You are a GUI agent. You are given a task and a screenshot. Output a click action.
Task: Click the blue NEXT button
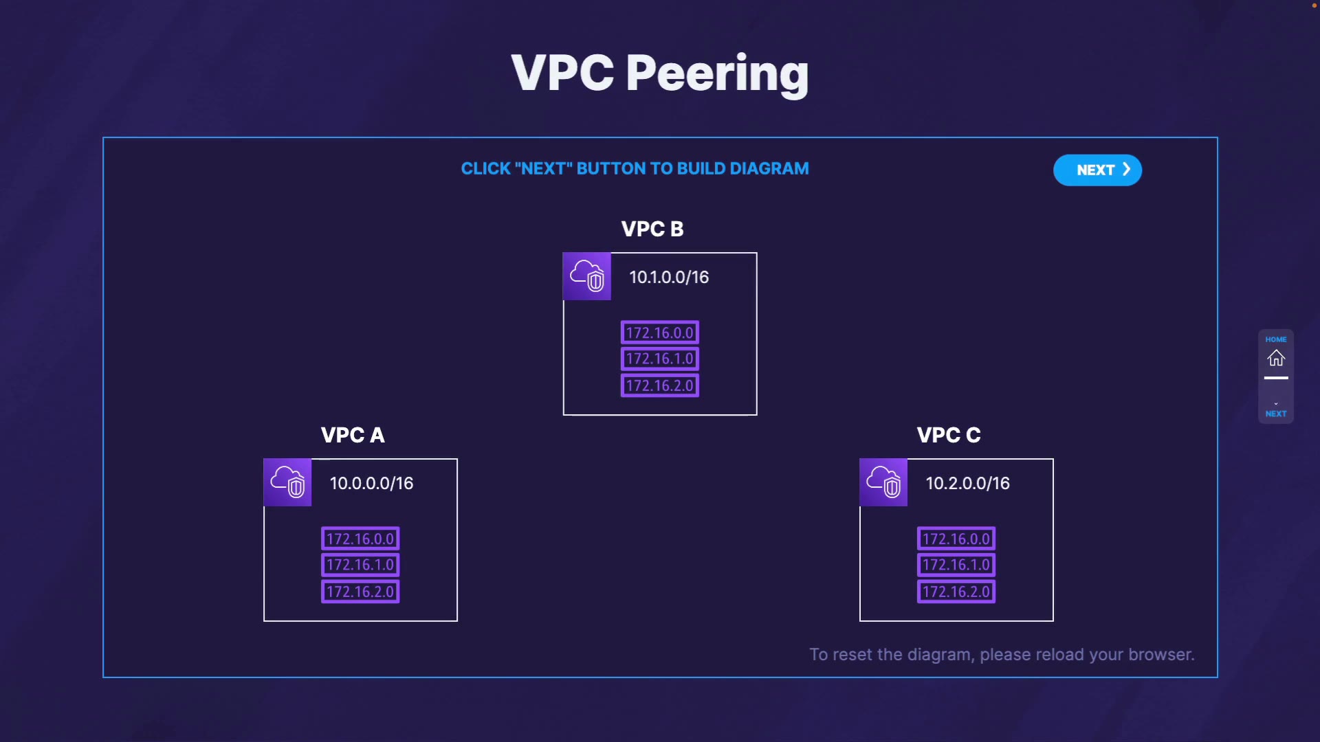pyautogui.click(x=1097, y=170)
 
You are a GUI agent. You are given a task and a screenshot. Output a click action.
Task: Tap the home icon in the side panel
pyautogui.click(x=1276, y=358)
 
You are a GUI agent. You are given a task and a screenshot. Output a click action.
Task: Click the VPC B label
pyautogui.click(x=652, y=229)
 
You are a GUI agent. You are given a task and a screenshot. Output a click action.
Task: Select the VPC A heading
pyautogui.click(x=353, y=435)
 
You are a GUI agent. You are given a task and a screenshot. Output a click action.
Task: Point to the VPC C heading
pyautogui.click(x=949, y=435)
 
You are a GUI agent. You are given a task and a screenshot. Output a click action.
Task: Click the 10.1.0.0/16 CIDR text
pyautogui.click(x=669, y=277)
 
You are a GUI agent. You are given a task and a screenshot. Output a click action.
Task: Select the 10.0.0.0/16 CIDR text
pyautogui.click(x=371, y=483)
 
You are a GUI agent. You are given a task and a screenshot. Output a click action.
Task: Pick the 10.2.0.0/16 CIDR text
pyautogui.click(x=967, y=483)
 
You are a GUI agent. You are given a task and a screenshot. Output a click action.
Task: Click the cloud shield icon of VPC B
pyautogui.click(x=587, y=276)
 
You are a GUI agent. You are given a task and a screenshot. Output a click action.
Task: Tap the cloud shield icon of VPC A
pyautogui.click(x=287, y=482)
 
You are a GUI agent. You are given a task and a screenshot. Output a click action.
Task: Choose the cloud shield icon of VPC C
pyautogui.click(x=883, y=482)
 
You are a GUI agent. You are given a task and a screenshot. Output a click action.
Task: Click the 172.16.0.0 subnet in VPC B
pyautogui.click(x=659, y=333)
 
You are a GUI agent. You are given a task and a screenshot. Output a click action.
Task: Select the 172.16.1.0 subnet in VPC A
pyautogui.click(x=360, y=565)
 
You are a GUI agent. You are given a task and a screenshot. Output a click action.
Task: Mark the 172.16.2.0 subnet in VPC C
pyautogui.click(x=956, y=592)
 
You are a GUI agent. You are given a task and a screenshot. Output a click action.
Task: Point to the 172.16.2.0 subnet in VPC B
pyautogui.click(x=659, y=385)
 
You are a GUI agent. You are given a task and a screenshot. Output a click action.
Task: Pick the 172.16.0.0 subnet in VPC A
pyautogui.click(x=360, y=539)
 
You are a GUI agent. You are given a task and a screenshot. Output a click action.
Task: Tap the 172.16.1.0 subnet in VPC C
pyautogui.click(x=956, y=565)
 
